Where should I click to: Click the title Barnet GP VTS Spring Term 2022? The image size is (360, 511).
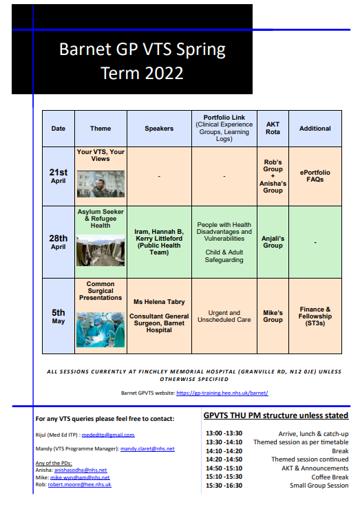click(142, 61)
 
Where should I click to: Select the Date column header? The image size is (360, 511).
click(59, 129)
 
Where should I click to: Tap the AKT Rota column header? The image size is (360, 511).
click(273, 129)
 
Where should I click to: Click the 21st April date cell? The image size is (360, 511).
click(59, 175)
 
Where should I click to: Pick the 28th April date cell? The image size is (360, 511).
click(59, 241)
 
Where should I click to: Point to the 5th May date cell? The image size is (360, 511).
click(59, 316)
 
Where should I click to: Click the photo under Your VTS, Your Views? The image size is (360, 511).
click(100, 184)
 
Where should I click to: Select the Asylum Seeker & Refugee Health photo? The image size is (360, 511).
click(100, 251)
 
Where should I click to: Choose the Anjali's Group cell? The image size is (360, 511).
click(273, 241)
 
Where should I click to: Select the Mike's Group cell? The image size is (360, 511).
click(273, 316)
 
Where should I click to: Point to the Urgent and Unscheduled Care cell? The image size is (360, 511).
click(224, 316)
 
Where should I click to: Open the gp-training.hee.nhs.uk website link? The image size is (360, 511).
click(222, 393)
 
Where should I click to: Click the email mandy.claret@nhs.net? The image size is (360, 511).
click(147, 448)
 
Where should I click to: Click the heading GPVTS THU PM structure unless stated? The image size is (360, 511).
click(275, 415)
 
